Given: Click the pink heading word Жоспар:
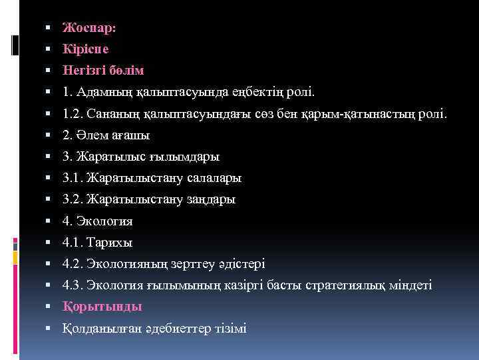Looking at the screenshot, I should click(89, 28).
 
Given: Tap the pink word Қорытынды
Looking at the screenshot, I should click(102, 306).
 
